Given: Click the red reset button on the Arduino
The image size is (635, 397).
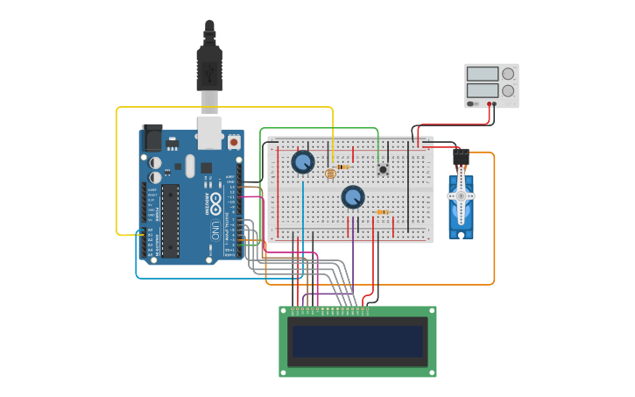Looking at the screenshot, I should [234, 141].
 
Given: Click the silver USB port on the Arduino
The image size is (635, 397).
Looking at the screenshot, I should [210, 133].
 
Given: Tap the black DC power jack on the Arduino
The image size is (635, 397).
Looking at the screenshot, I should [152, 138].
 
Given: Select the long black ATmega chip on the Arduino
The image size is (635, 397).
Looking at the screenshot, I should [171, 220].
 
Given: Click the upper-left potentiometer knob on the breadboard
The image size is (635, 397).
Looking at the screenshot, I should [303, 162].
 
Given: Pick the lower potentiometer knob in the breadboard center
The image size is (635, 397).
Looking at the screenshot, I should [353, 197].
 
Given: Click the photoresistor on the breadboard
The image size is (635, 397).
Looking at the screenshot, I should [330, 174].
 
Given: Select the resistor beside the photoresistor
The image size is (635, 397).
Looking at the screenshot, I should [342, 167].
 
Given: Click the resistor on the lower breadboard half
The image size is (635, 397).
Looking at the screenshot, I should [383, 211].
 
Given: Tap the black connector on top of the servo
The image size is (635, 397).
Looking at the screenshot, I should [461, 158].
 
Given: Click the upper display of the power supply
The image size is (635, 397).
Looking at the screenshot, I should [483, 74].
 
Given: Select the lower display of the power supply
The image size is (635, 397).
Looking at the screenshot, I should [483, 90].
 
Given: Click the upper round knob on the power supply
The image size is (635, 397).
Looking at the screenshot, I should [508, 74].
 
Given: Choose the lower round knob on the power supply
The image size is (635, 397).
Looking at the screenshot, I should [508, 91].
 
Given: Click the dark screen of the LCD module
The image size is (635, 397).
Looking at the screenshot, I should [357, 342].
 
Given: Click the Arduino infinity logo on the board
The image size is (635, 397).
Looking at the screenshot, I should [215, 203].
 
